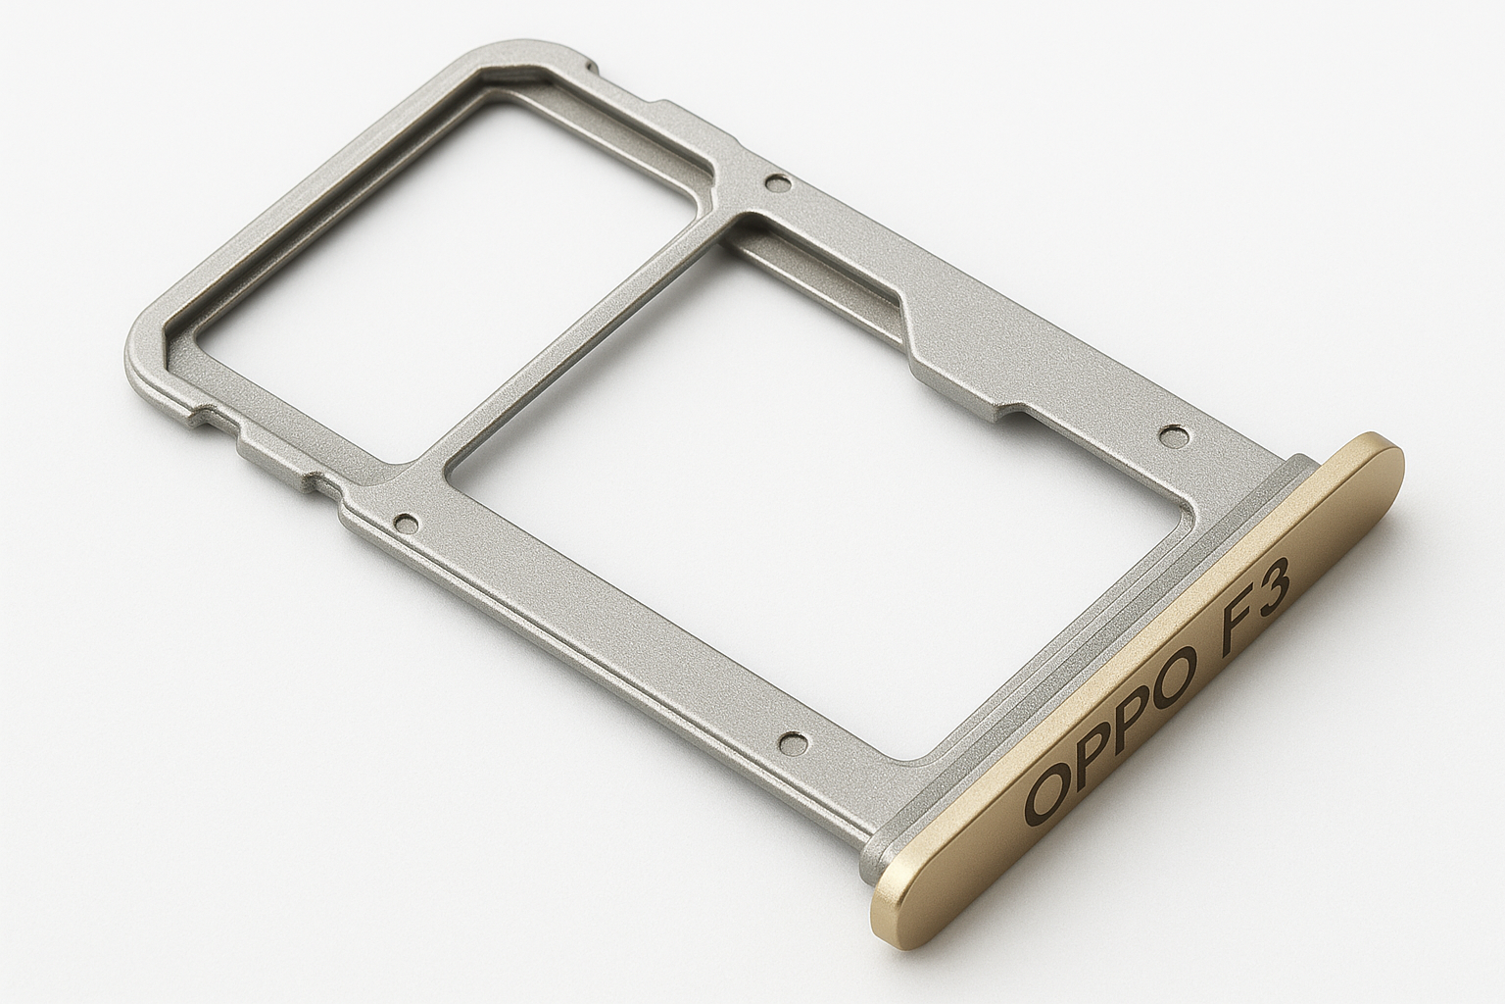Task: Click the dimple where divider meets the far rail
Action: (x=779, y=182)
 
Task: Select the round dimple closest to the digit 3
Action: (x=1172, y=432)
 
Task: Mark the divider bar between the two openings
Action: (x=578, y=338)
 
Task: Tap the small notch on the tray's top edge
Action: (x=591, y=69)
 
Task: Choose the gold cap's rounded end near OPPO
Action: (x=897, y=912)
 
